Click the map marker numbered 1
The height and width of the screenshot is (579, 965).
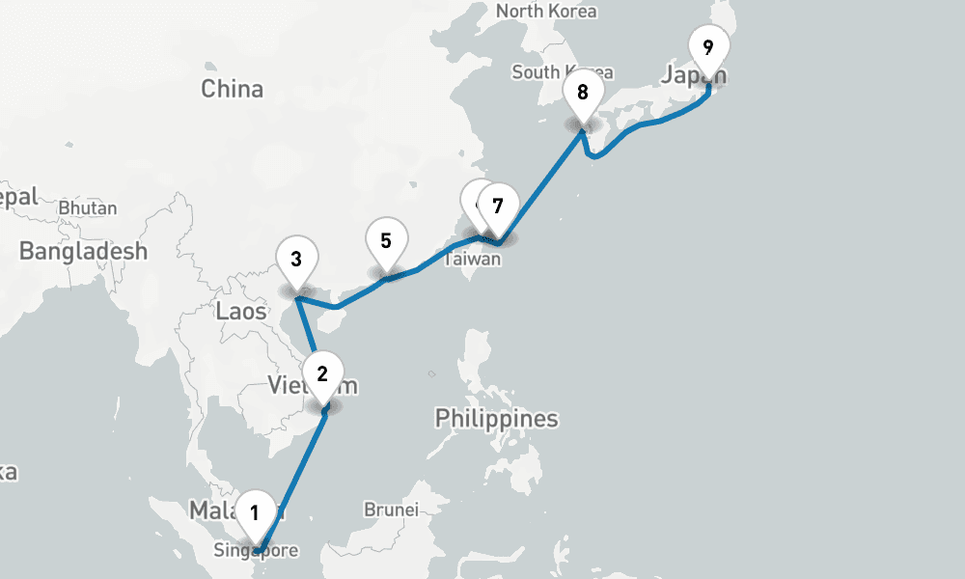[255, 512]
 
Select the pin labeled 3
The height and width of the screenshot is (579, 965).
[296, 259]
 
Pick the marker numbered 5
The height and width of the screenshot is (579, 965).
[386, 240]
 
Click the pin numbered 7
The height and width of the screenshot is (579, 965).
[498, 206]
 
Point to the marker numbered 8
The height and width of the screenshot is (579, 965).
[582, 93]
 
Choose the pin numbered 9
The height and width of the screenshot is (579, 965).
[708, 46]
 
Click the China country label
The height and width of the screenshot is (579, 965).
[232, 89]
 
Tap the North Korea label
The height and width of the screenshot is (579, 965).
[546, 12]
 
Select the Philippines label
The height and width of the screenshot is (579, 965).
[496, 419]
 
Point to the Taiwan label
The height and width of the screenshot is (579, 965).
[473, 259]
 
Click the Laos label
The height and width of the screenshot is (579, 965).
[241, 311]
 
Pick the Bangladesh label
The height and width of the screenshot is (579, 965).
[84, 252]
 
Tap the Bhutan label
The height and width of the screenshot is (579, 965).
[88, 207]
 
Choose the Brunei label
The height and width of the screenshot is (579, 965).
[391, 509]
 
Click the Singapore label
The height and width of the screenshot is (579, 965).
[256, 551]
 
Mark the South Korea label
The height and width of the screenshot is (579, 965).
[563, 72]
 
